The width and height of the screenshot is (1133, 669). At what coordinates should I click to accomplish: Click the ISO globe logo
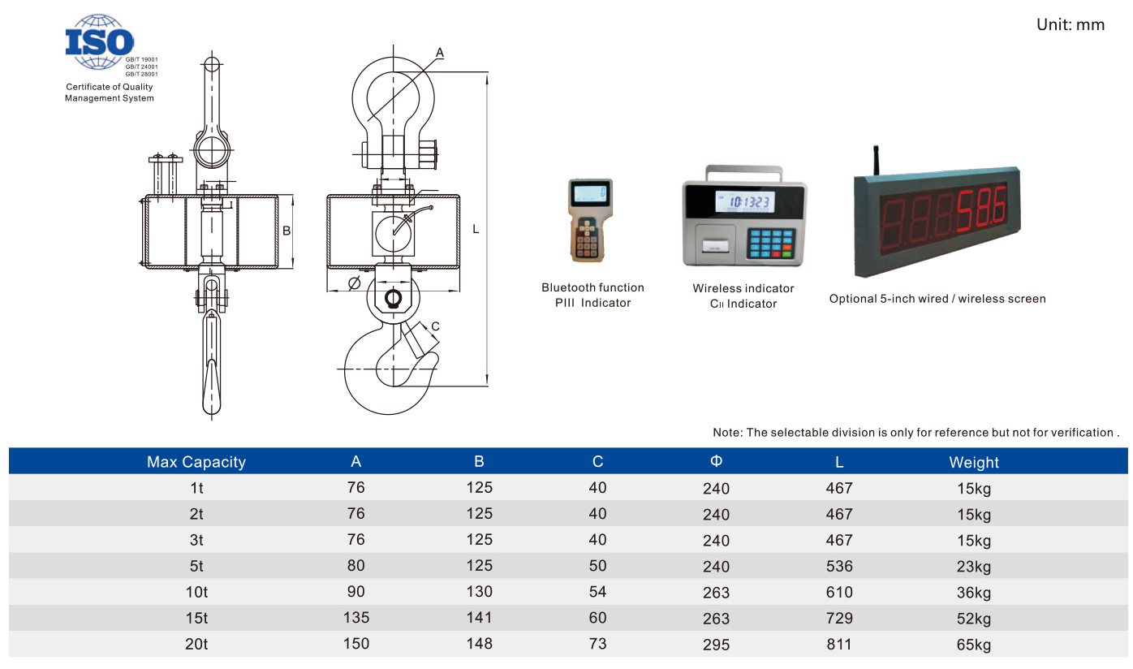tap(100, 41)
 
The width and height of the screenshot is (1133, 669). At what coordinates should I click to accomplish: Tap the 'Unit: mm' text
tap(1071, 24)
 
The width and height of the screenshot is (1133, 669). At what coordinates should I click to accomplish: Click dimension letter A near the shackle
tap(440, 53)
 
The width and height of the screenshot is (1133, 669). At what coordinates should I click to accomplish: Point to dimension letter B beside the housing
tap(286, 231)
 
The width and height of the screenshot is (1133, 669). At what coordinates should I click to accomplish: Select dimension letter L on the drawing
tap(476, 229)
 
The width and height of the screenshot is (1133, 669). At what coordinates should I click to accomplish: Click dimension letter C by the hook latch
tap(435, 326)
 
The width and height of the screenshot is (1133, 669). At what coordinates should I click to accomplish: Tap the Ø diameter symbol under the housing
tap(354, 283)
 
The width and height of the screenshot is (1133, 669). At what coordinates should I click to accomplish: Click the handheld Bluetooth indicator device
tap(590, 220)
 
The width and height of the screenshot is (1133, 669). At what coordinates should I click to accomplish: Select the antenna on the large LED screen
tap(876, 161)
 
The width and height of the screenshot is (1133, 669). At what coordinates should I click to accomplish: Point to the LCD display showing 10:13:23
tap(744, 202)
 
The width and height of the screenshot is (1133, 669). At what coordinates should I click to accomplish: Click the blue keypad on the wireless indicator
tap(770, 243)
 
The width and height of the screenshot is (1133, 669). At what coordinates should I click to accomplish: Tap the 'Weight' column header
tap(974, 462)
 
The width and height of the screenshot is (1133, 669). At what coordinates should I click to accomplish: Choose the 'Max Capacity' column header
tap(196, 461)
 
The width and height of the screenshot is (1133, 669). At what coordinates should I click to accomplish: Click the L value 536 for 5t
tap(839, 566)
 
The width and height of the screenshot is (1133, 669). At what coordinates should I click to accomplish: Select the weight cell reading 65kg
tap(974, 644)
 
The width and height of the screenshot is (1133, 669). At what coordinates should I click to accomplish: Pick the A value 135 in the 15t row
tap(356, 617)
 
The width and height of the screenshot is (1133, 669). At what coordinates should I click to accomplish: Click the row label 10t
tap(196, 592)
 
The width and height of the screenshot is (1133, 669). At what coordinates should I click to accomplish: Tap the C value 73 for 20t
tap(597, 643)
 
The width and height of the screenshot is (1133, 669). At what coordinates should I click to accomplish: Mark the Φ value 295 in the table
tap(716, 644)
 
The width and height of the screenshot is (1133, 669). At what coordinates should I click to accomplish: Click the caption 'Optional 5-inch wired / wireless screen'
tap(937, 299)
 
